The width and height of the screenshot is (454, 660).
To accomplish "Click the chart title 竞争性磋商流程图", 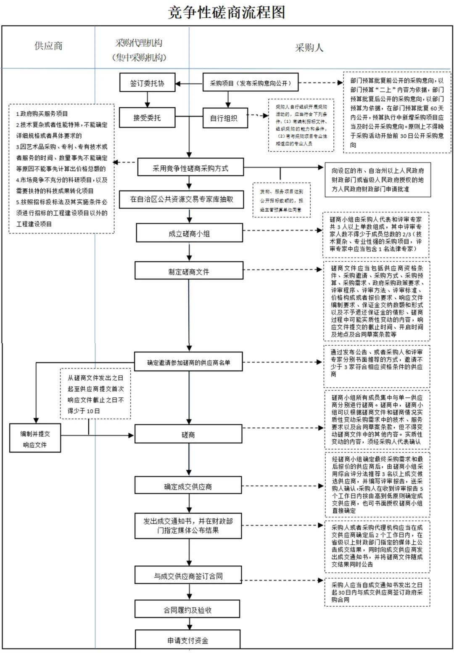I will click(x=227, y=12).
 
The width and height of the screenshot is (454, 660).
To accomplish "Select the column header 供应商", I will click(x=49, y=46).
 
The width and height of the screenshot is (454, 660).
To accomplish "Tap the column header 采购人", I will click(x=309, y=48).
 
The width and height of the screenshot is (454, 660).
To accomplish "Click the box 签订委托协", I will click(x=147, y=83).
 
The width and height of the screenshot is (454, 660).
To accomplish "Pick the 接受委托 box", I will click(x=147, y=118).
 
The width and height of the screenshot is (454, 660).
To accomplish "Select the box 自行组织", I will click(x=224, y=118).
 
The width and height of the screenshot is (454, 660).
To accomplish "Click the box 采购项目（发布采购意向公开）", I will click(x=251, y=83).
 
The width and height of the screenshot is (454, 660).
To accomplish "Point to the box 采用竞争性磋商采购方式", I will click(x=190, y=168).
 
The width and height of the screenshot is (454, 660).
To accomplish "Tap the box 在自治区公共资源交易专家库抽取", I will click(x=182, y=199).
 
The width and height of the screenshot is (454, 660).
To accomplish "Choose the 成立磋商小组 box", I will click(x=189, y=233).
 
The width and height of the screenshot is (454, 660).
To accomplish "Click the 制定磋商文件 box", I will click(x=189, y=272).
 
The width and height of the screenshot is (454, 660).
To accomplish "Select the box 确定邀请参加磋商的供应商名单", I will click(x=188, y=362).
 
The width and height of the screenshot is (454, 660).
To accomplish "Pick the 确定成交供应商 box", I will click(x=188, y=486).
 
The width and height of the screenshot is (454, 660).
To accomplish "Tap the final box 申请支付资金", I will click(x=187, y=640).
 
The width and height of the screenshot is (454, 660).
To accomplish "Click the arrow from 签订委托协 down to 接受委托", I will click(x=147, y=100).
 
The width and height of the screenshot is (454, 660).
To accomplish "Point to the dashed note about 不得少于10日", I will click(x=95, y=394).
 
